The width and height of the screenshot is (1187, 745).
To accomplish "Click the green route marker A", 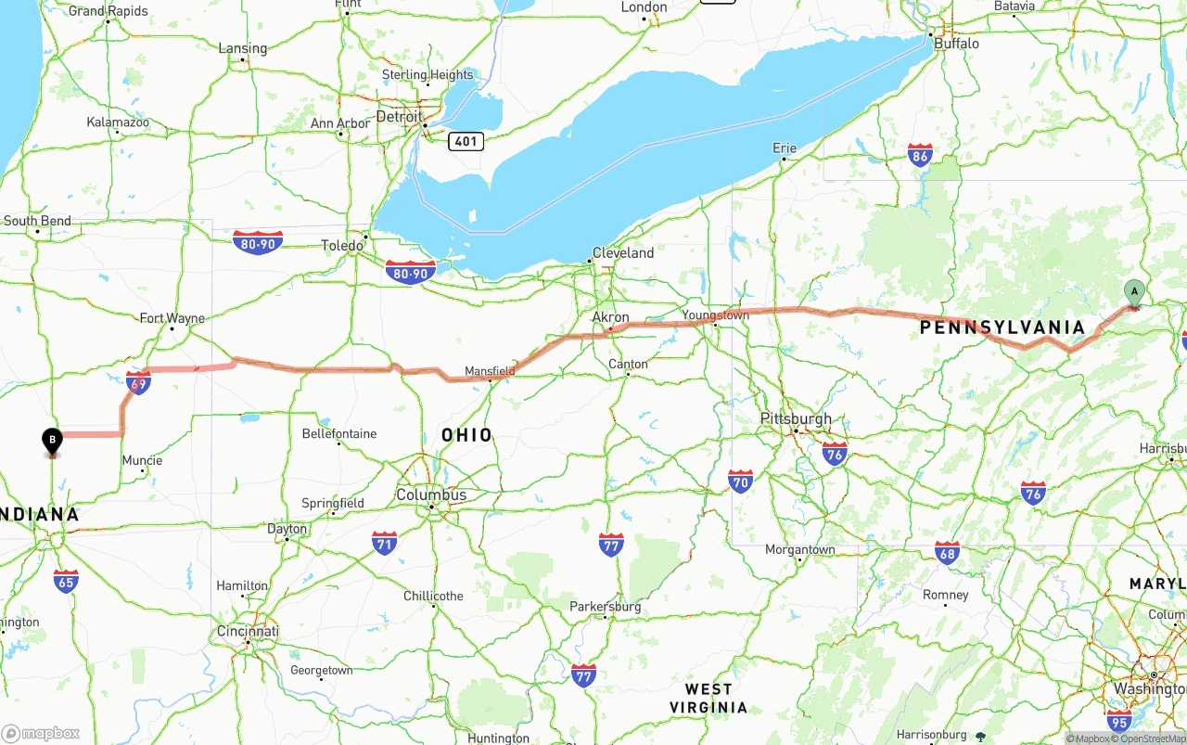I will tap(1133, 292).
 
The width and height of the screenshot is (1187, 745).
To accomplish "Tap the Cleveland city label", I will tap(623, 252).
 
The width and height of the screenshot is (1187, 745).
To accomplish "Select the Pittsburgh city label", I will tap(796, 418).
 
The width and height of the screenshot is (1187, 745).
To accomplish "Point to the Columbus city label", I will tap(431, 495).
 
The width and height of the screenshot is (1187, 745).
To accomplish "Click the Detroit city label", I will tap(399, 117).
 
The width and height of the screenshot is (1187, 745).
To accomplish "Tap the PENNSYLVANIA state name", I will tap(1002, 327).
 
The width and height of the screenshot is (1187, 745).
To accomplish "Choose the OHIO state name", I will tap(466, 434).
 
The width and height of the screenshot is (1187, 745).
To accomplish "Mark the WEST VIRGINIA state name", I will tap(708, 698).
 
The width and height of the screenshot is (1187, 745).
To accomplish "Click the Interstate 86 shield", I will tap(920, 154).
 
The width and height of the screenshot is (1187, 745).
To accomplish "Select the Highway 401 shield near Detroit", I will tap(466, 141).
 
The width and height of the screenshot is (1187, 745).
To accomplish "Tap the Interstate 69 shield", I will tap(138, 382).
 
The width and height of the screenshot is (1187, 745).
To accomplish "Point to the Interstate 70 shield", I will tap(740, 481).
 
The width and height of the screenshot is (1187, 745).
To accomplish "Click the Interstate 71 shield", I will tap(384, 543).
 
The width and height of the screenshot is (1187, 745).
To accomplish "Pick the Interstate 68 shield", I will tap(947, 553).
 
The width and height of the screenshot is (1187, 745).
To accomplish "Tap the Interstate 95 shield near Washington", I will tap(1119, 719).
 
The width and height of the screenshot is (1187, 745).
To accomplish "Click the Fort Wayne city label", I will tap(172, 318).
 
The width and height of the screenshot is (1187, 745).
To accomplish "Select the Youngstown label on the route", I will tap(715, 315).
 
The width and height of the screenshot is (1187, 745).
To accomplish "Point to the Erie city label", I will tap(784, 148).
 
